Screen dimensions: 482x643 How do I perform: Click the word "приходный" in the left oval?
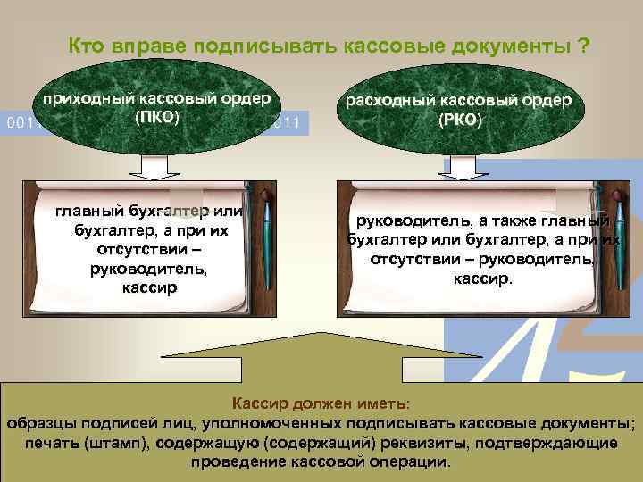(x=88, y=98)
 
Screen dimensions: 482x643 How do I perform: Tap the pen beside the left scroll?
(x=266, y=245)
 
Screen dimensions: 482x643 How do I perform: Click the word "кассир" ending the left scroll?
(x=148, y=287)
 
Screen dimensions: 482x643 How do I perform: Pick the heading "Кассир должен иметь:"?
(x=321, y=403)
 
